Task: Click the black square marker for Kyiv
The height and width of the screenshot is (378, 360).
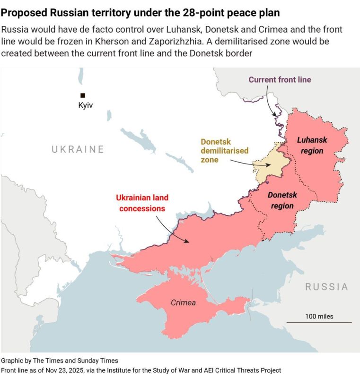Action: pos(83,95)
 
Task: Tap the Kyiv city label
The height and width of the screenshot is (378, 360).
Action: pos(86,106)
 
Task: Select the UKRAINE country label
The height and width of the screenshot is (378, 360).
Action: pos(78,150)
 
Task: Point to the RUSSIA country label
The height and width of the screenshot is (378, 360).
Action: pos(326,287)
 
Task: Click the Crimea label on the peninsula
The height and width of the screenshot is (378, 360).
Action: pos(183,302)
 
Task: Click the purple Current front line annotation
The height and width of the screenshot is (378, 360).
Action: pos(280,79)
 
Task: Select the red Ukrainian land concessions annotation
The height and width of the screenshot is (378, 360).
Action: pos(142,203)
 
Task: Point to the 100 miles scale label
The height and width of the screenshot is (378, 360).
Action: pos(319,316)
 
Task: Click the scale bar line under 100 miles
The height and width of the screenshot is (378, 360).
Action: pos(319,323)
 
